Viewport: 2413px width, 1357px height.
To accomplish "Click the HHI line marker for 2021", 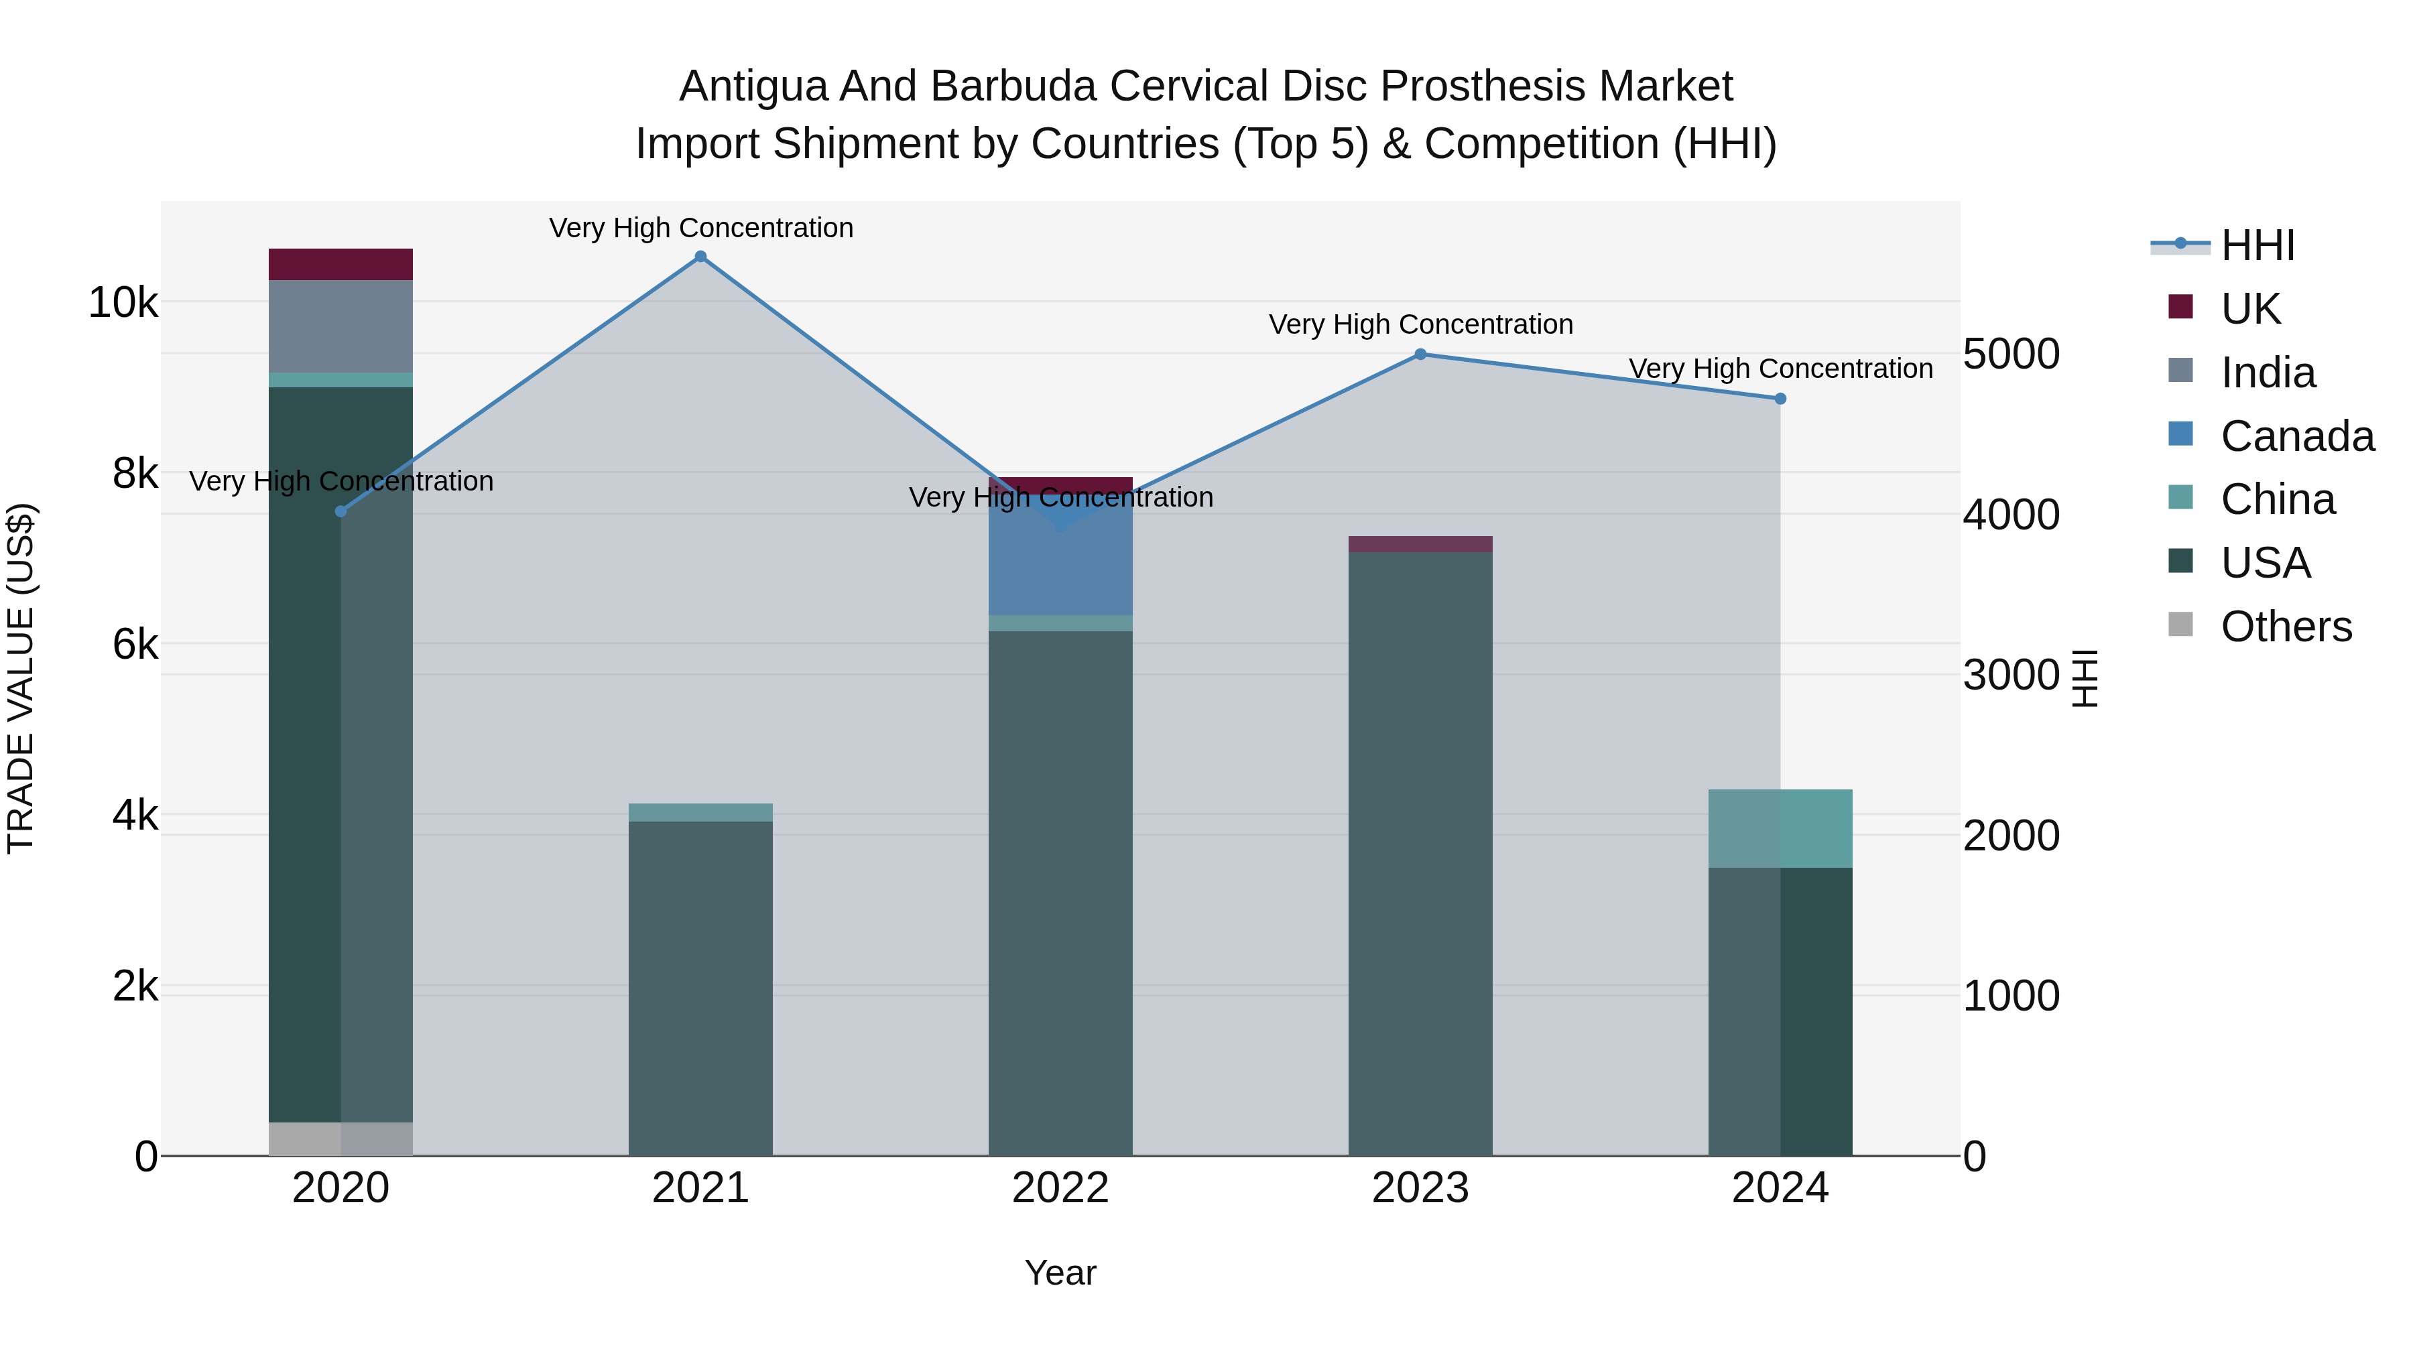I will (700, 257).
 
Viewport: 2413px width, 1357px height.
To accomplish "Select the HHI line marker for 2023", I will (1420, 354).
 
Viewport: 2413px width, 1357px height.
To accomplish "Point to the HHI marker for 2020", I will (341, 511).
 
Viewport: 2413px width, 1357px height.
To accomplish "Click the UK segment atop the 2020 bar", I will (341, 264).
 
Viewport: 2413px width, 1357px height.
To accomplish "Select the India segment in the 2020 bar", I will (341, 326).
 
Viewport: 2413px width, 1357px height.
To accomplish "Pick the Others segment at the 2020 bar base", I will (341, 1139).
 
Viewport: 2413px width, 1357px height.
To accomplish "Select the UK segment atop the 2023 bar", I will (1420, 544).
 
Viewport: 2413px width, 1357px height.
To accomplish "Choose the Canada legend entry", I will (2297, 436).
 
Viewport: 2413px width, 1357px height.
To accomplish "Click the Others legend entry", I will (2286, 627).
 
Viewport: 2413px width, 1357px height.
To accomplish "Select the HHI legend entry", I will (2257, 245).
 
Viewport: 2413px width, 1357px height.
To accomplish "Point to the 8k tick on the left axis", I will (135, 474).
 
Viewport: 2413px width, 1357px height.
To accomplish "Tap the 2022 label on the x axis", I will (1060, 1188).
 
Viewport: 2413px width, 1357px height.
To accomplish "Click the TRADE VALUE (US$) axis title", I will (21, 678).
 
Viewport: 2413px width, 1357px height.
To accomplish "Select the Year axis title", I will (1060, 1273).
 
